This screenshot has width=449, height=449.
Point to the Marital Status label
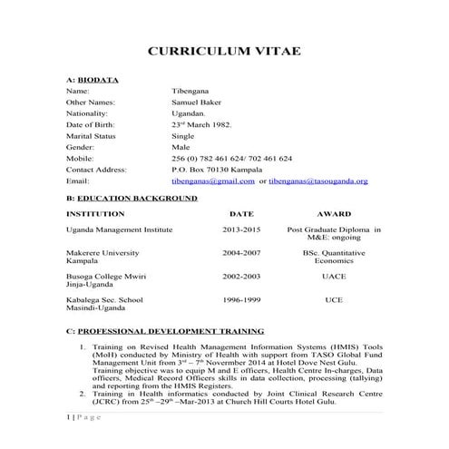point(93,135)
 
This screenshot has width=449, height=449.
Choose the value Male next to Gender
point(181,146)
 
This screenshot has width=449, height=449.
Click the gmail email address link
point(213,181)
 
